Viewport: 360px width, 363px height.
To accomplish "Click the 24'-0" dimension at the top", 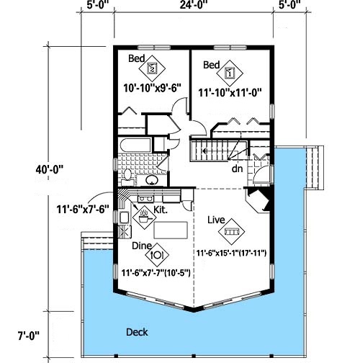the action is point(194,4).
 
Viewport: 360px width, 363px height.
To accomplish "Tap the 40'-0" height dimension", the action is point(50,170).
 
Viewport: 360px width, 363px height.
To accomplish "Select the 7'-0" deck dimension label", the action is point(28,336).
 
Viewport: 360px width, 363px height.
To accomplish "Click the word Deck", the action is point(137,332).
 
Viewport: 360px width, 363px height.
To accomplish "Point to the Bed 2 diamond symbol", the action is point(152,68).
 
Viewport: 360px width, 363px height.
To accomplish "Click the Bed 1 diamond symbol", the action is point(230,73).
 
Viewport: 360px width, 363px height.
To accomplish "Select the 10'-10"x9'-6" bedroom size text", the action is point(152,88).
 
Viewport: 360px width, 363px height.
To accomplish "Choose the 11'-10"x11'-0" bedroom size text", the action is point(230,93).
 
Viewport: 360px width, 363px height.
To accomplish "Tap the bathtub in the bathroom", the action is point(135,145).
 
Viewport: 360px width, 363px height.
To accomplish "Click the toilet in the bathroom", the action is point(127,176).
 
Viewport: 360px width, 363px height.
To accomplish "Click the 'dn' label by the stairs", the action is point(237,169).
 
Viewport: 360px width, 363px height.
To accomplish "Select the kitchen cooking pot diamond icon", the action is point(144,218).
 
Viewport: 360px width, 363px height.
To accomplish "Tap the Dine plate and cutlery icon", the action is point(157,254).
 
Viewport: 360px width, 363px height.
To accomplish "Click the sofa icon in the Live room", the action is point(231,232).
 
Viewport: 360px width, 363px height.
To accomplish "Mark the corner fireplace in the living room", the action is point(258,200).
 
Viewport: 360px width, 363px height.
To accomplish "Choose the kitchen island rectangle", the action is point(171,230).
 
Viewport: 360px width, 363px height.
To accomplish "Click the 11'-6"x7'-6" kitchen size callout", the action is point(83,210).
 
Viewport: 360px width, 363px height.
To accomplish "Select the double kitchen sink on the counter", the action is point(145,199).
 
